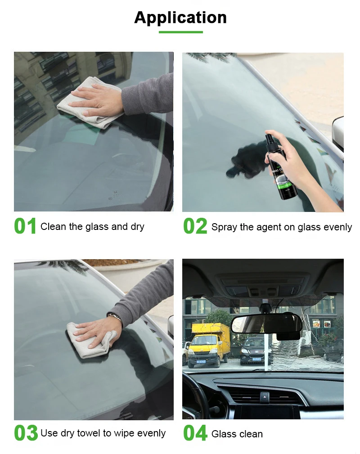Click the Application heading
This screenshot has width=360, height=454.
click(180, 18)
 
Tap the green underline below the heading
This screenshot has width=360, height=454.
click(180, 32)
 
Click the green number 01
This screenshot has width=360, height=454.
click(25, 226)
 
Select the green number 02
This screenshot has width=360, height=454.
click(195, 226)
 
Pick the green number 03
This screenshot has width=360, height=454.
click(26, 433)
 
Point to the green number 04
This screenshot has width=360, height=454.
click(195, 433)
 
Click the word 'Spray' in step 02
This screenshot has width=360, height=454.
click(224, 227)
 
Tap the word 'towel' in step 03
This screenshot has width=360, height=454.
click(89, 433)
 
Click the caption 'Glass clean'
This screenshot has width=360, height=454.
click(237, 434)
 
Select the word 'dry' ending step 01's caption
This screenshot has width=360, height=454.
click(137, 227)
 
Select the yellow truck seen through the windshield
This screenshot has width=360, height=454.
click(208, 344)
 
